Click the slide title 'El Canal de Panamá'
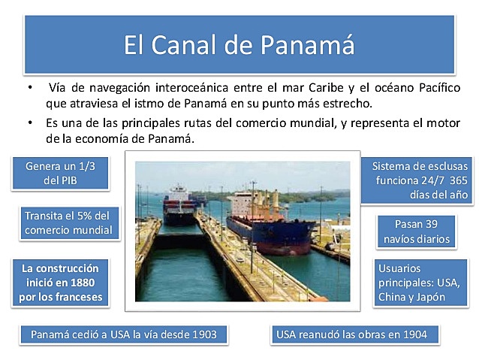[239, 45]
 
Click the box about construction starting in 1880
[60, 282]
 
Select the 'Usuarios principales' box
[421, 282]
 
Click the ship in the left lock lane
[179, 207]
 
